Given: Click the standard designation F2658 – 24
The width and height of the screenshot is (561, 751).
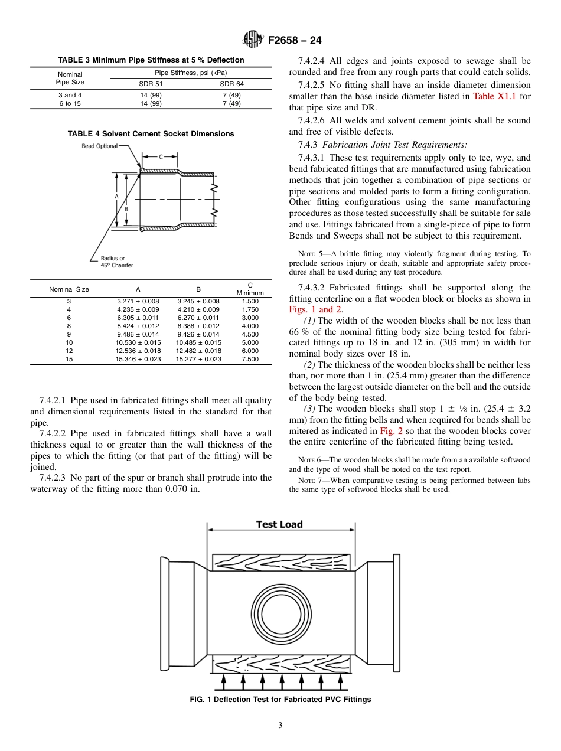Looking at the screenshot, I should click(295, 41).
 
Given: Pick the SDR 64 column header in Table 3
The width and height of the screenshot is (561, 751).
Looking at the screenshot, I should click(231, 84).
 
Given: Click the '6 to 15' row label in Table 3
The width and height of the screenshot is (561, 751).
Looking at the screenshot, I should click(70, 103).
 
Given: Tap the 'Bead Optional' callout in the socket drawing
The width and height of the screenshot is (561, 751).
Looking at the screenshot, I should click(99, 146).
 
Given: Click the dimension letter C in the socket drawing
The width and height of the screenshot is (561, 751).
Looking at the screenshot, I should click(161, 156).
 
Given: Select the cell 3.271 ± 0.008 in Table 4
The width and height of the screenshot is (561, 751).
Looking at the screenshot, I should click(138, 301).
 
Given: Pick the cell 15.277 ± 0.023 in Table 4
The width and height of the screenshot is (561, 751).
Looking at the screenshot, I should click(198, 359).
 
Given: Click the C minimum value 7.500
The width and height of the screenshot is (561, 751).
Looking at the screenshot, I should click(250, 359).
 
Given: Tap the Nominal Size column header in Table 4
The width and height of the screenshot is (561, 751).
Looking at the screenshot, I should click(69, 289).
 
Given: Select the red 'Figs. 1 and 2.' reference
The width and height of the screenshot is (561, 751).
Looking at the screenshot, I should click(316, 309).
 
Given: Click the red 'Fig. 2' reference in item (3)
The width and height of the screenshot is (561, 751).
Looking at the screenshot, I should click(391, 431).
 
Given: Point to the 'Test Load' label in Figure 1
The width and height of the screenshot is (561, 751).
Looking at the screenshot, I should click(279, 524).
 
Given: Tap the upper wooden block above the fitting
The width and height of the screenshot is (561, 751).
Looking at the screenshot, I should click(280, 563).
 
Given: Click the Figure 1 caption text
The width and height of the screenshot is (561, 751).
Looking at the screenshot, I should click(280, 700).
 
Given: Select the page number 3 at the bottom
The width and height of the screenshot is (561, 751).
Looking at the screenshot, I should click(280, 726).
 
